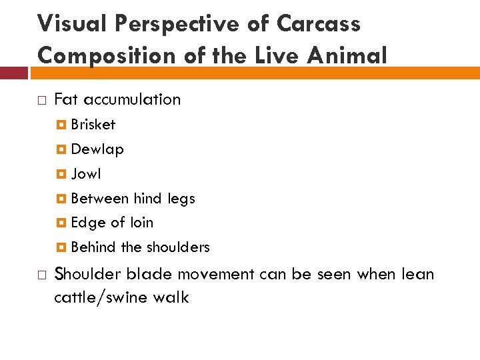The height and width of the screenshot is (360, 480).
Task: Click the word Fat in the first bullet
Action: [66, 99]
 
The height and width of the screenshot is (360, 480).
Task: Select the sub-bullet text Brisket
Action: [93, 125]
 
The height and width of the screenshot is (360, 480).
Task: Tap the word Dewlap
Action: [97, 149]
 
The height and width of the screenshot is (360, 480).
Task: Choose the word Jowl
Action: [86, 174]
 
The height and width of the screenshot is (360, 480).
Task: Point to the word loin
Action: [141, 223]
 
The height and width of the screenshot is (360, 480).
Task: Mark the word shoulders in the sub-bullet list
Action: [177, 247]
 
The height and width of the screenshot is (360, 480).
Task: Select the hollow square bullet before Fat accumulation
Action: [41, 100]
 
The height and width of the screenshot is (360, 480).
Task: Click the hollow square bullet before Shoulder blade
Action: [41, 275]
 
